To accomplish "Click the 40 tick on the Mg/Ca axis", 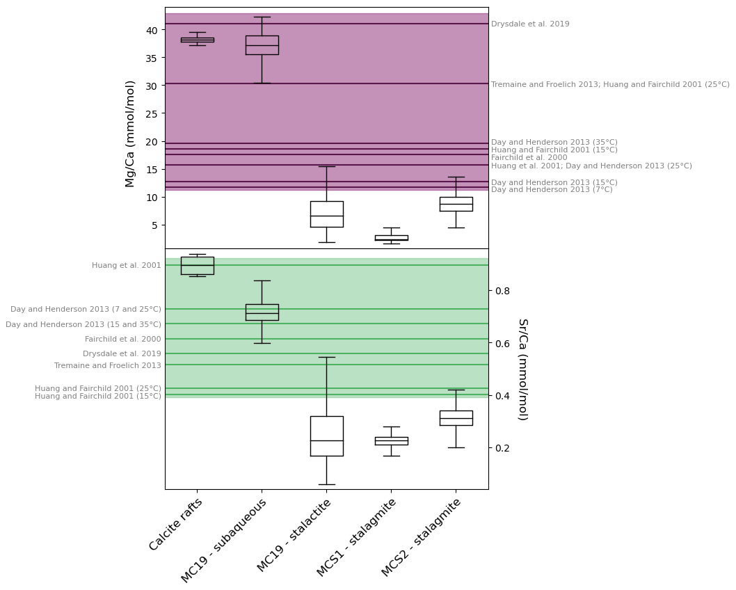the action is tap(163, 30).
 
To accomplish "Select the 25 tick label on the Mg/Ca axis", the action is tap(152, 113).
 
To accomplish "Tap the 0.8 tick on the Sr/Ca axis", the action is tap(490, 291).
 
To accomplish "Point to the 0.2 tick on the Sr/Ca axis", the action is tap(490, 448).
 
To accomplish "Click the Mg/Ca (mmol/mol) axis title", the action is tap(129, 134).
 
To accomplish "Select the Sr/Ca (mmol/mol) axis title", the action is tap(523, 369).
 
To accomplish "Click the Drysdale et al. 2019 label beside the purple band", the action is tap(530, 24).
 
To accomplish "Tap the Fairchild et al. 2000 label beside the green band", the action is tap(123, 339).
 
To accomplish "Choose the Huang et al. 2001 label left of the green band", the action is tap(127, 265).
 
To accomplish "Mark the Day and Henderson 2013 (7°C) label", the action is tap(552, 190).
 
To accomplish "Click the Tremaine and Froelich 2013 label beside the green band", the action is tap(108, 365).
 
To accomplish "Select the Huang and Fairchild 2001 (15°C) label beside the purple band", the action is tap(554, 150).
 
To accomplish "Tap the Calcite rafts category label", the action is tap(175, 525).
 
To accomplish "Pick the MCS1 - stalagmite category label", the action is tap(355, 538).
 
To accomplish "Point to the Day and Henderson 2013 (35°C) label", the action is tap(554, 142).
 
